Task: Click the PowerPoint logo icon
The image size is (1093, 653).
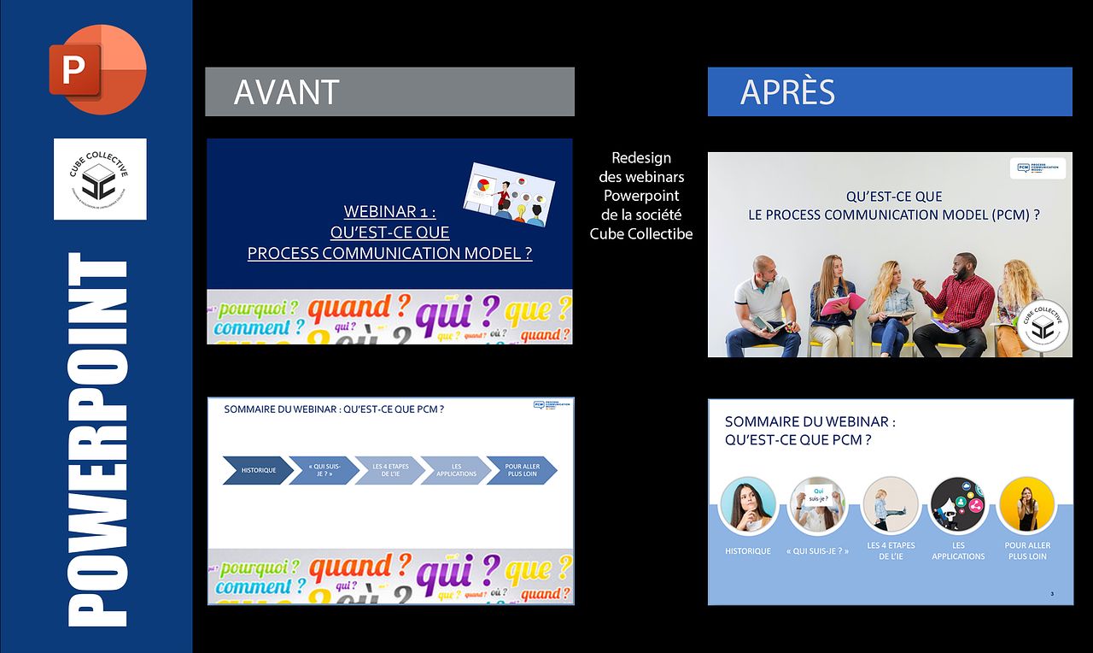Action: tap(97, 69)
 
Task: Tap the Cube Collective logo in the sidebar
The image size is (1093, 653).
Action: tap(100, 179)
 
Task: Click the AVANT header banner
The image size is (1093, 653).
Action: tap(389, 91)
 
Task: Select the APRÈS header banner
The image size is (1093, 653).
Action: tap(889, 91)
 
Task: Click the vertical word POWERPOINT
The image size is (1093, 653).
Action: tap(98, 440)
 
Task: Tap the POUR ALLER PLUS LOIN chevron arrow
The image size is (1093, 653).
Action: tap(522, 470)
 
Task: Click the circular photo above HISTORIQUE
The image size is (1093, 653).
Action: tap(748, 505)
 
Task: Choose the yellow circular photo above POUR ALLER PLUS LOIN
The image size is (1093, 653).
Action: tap(1026, 505)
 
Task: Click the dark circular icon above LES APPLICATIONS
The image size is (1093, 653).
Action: tap(958, 505)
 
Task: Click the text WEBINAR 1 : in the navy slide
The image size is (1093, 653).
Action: tap(389, 211)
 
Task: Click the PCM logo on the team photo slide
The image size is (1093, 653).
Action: tap(1037, 168)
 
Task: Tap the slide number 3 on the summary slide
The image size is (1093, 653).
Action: tap(1052, 594)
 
